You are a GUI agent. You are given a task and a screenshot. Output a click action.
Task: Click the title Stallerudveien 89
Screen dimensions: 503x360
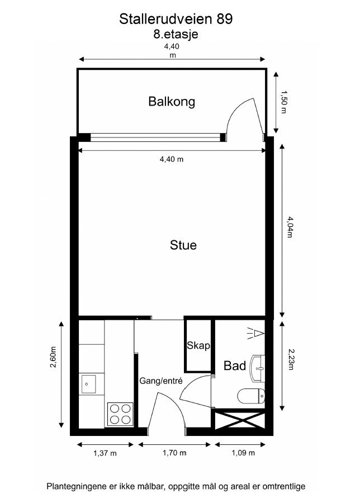pos(176,19)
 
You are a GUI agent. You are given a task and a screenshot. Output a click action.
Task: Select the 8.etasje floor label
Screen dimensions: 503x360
pos(176,34)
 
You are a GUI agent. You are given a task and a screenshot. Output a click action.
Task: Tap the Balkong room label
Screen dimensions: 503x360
pos(172,102)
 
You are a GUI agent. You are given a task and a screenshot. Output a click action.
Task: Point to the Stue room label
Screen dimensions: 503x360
pos(183,245)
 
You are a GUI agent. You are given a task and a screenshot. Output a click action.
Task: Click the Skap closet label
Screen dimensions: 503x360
pos(198,346)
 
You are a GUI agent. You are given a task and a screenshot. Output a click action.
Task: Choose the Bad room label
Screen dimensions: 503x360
pos(235,366)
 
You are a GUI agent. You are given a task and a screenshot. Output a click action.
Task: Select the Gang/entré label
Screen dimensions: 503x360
pos(161,381)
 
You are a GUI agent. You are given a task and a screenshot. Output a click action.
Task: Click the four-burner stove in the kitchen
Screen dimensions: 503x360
pos(120,415)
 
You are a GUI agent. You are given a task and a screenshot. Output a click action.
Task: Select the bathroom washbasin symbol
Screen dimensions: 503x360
pos(259,367)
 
